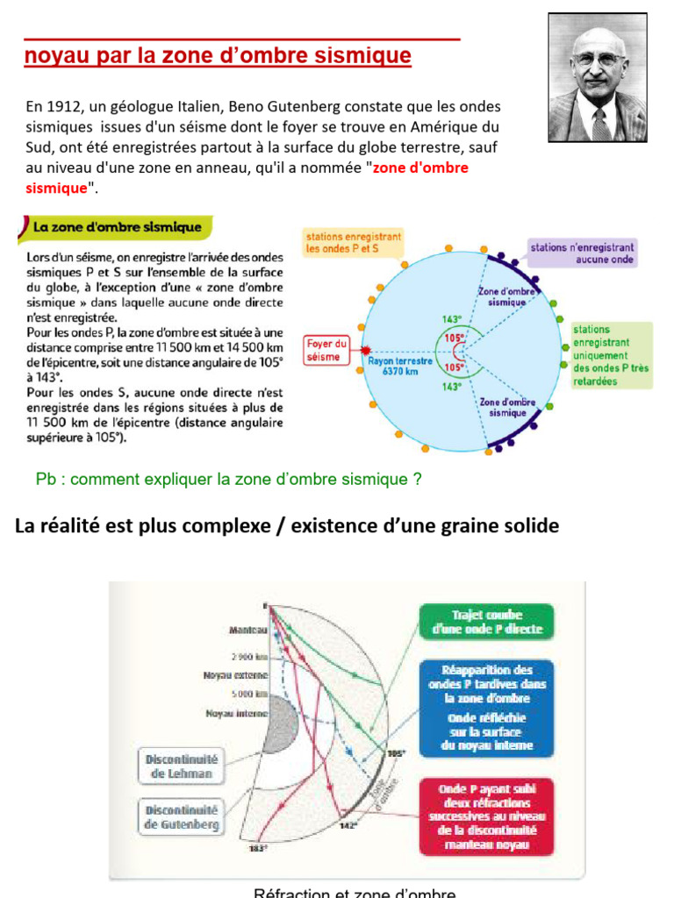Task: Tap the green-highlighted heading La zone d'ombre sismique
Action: [117, 227]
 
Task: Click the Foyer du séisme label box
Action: [326, 351]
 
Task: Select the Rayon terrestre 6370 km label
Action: [400, 366]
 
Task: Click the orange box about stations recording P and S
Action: [354, 242]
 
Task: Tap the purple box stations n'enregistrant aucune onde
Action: [583, 253]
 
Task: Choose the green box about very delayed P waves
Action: [612, 355]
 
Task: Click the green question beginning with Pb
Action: [229, 479]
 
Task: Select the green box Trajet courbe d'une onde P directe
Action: [487, 622]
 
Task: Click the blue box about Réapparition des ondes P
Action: [487, 707]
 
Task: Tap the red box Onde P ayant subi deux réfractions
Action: [487, 816]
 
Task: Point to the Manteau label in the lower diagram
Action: [247, 630]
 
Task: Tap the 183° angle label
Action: [257, 848]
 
